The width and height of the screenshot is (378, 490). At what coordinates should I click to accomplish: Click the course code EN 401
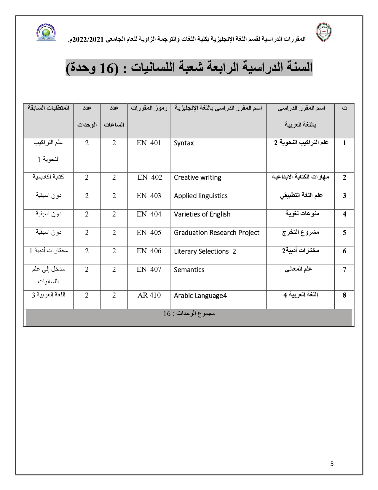tap(149, 143)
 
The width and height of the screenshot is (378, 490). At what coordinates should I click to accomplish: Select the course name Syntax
tap(184, 143)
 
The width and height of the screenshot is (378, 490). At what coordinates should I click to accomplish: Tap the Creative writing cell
tap(197, 178)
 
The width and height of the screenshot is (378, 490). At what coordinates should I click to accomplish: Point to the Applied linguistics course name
tap(201, 196)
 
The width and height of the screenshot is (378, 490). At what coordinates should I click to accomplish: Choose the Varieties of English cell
tap(202, 214)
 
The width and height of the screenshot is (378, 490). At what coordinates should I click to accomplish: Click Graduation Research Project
tap(216, 233)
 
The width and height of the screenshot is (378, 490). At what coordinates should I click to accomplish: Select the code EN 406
tap(149, 251)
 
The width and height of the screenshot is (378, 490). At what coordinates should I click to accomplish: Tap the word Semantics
tap(189, 270)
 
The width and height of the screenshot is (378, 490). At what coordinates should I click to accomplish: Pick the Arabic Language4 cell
tap(200, 295)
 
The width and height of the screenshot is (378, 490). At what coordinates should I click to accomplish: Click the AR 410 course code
tap(149, 295)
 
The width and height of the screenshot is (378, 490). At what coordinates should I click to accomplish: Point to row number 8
tap(344, 295)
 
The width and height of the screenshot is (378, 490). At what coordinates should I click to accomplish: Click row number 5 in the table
tap(344, 233)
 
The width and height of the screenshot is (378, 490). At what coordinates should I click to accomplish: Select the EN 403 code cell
tap(149, 196)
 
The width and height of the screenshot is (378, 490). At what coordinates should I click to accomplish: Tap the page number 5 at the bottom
tap(332, 464)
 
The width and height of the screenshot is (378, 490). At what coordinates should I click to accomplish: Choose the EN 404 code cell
tap(149, 214)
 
